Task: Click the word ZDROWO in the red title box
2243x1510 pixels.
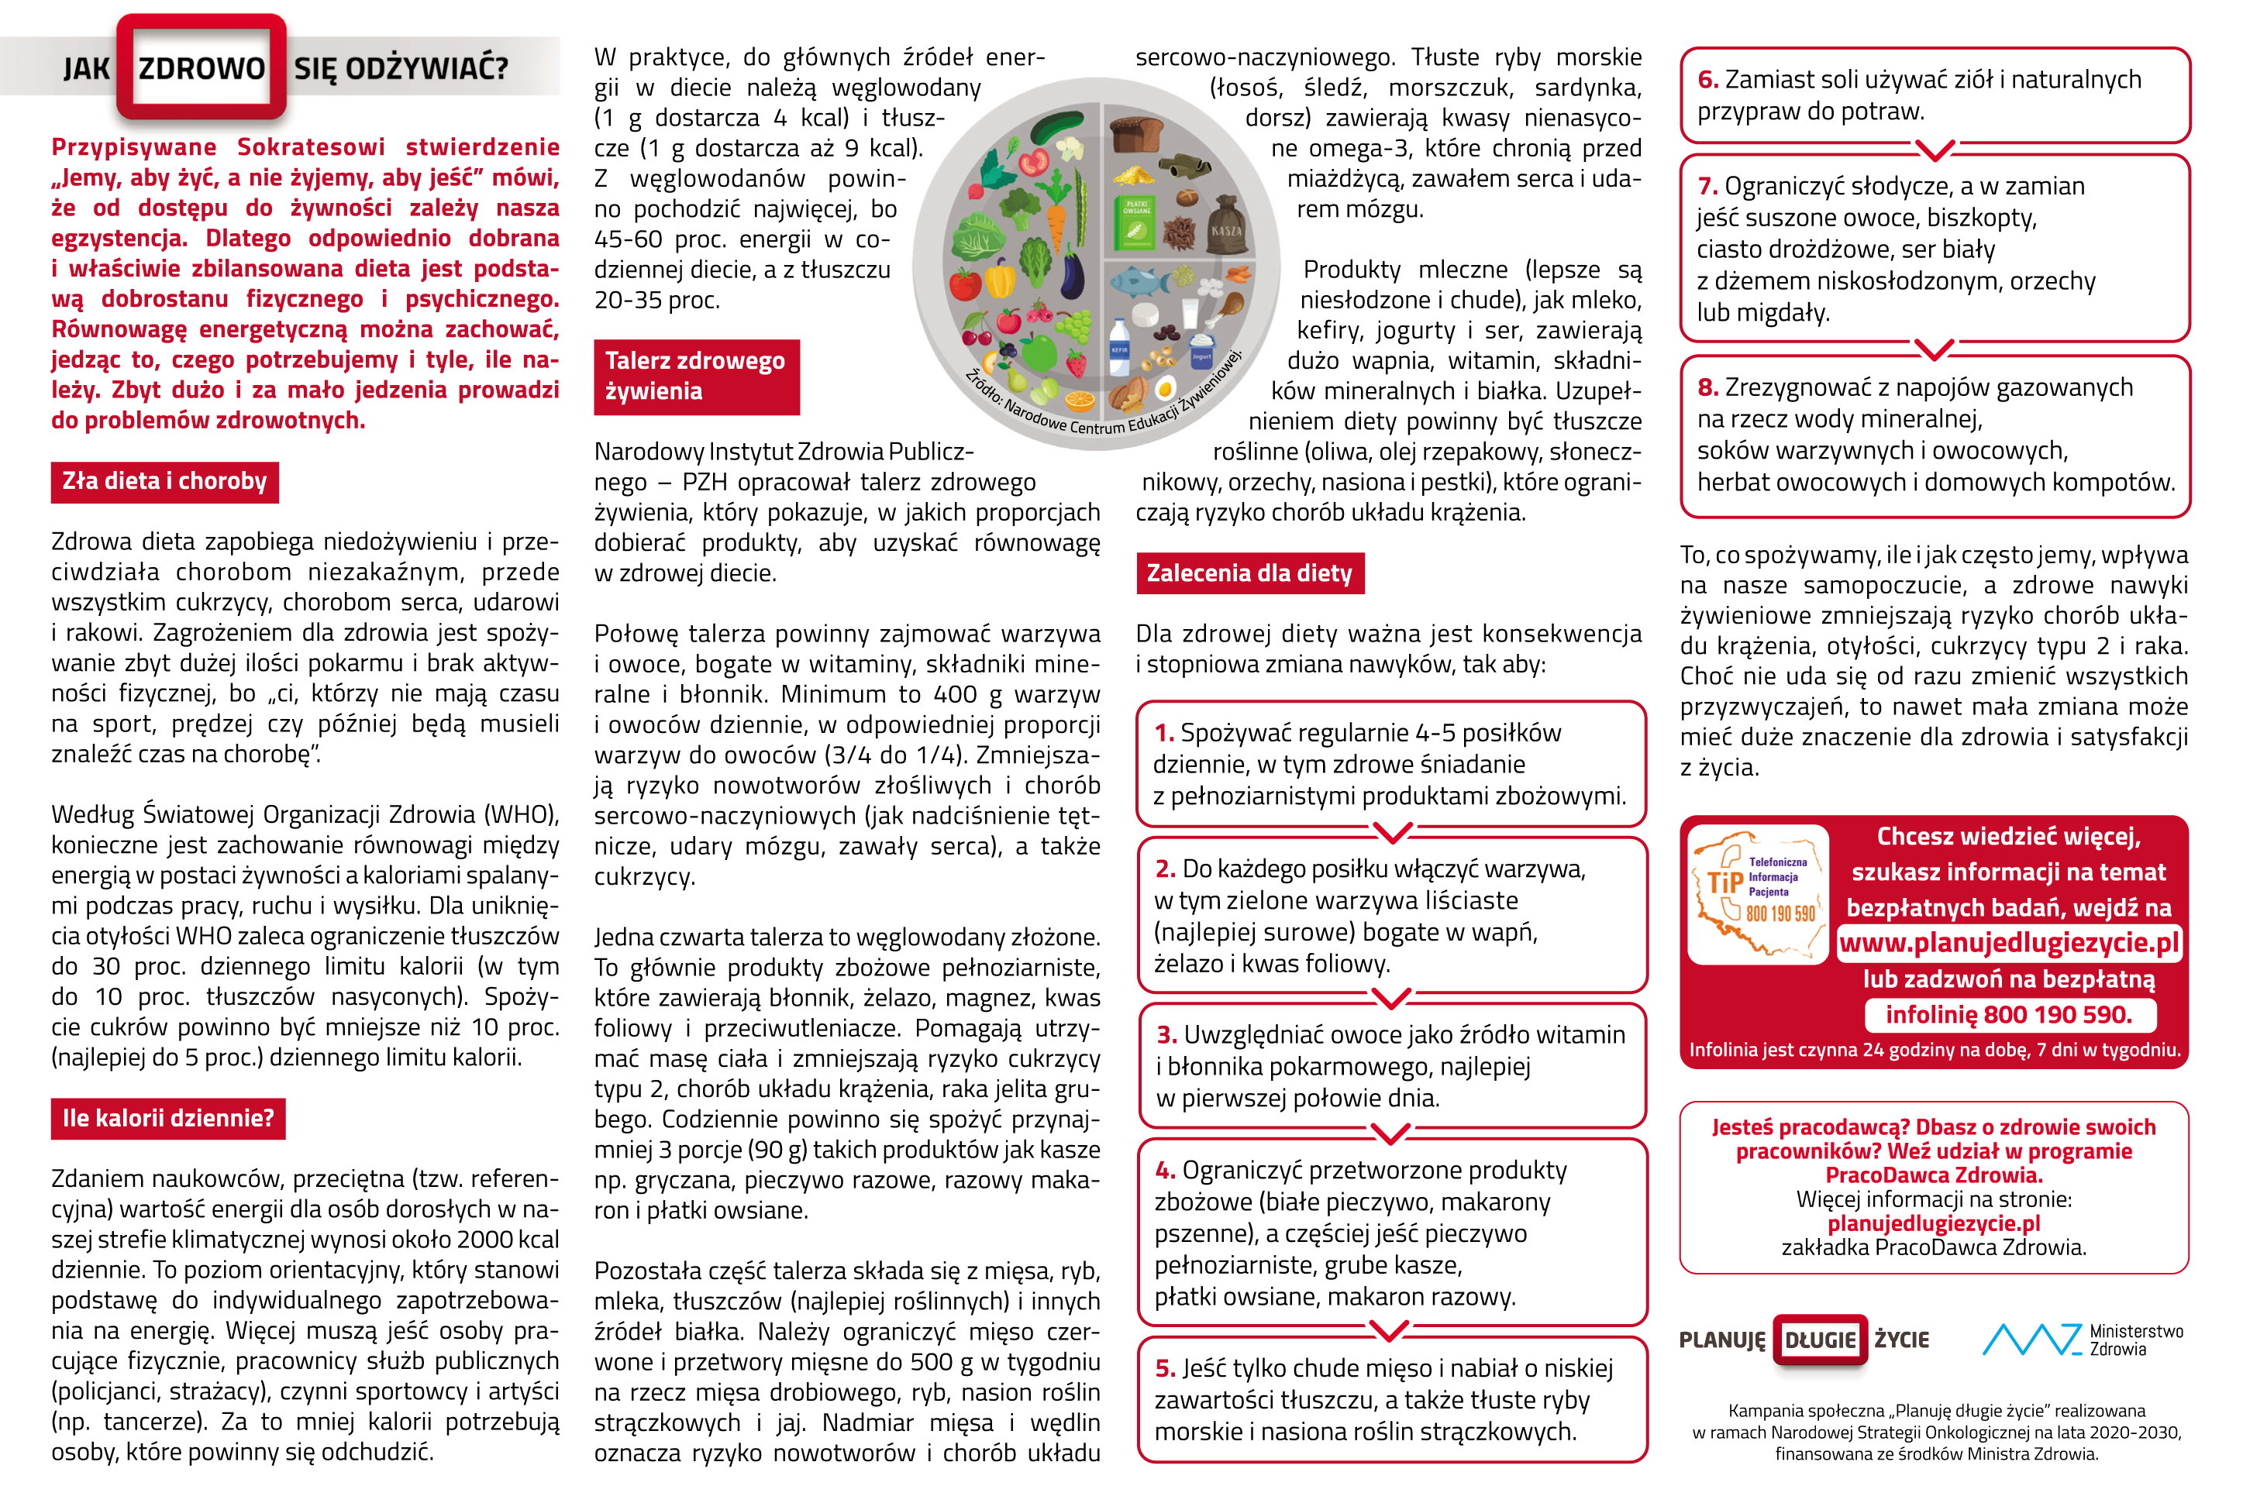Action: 202,68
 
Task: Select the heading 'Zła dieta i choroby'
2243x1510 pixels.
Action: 164,481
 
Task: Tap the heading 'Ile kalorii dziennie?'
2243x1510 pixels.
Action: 168,1118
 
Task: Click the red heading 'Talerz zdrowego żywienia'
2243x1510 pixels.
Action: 695,377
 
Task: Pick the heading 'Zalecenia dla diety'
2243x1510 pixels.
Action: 1249,573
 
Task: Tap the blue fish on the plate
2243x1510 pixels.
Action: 1142,281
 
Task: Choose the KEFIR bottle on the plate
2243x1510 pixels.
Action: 1120,356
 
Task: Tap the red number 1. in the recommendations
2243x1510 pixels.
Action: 1164,734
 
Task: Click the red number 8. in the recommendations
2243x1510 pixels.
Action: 1707,388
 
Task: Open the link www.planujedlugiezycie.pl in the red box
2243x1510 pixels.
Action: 2008,943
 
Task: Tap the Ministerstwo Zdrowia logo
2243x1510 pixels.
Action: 2081,1340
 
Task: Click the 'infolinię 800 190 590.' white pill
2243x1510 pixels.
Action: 2008,1015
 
